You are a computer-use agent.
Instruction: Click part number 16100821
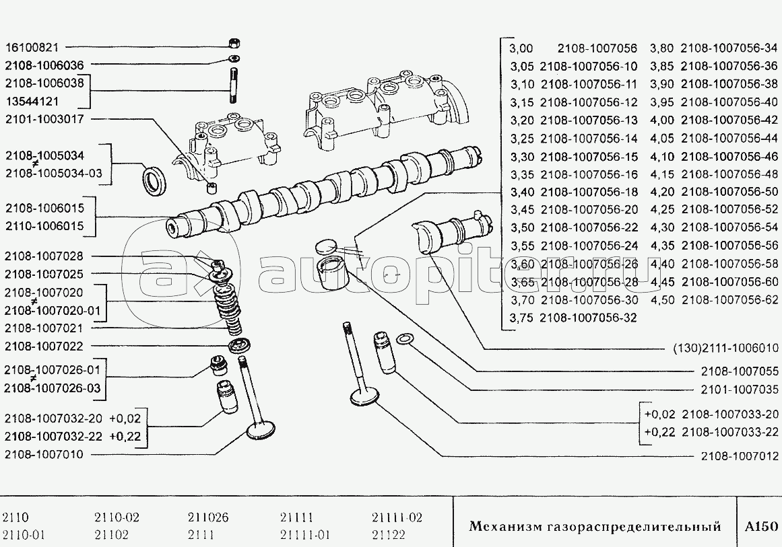pos(32,48)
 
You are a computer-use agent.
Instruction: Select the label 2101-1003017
pos(44,119)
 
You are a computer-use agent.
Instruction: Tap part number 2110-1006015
pos(44,226)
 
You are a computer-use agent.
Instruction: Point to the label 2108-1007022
pos(44,347)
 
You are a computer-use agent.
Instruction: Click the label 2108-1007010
pos(44,455)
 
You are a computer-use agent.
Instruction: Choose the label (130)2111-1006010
pos(725,349)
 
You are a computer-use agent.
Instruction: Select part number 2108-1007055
pos(739,371)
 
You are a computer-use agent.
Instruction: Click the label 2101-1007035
pos(739,390)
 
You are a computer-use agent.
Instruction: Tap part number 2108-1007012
pos(739,456)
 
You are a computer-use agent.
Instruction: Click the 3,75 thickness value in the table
pos(521,318)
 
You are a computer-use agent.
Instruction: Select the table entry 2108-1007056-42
pos(729,120)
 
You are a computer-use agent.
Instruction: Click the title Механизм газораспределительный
pos(595,526)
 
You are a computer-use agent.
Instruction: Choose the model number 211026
pos(207,518)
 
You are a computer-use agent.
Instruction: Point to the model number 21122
pos(389,536)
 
